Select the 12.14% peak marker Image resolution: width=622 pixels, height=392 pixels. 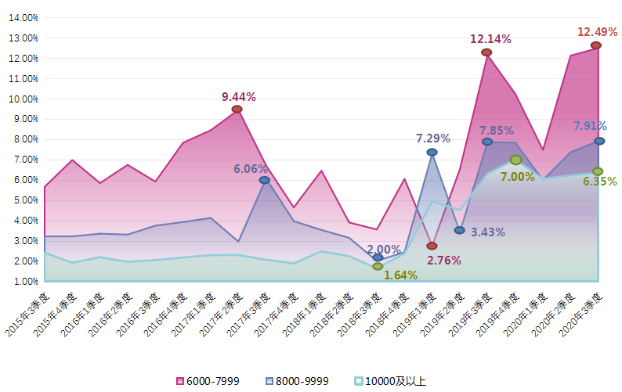(486, 52)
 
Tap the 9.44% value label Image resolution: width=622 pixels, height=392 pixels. (239, 97)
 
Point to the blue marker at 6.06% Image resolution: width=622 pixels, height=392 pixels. (265, 180)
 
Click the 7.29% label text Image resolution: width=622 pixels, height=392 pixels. (433, 138)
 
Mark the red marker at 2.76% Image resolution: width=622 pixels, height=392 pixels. (432, 246)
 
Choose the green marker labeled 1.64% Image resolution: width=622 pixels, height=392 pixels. (378, 266)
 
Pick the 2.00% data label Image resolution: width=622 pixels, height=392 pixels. (384, 249)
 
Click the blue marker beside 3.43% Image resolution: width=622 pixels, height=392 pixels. (460, 230)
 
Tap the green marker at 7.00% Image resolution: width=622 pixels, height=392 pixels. (515, 160)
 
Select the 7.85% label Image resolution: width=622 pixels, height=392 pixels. (497, 131)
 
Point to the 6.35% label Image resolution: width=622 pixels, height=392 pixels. (600, 182)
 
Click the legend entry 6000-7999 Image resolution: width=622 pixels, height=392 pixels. (208, 381)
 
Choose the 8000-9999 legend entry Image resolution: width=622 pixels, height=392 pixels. (296, 381)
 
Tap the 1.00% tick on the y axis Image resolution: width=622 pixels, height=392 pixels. (26, 281)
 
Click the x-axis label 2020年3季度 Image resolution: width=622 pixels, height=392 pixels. (584, 315)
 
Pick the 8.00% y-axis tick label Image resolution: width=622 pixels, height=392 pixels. (26, 139)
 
